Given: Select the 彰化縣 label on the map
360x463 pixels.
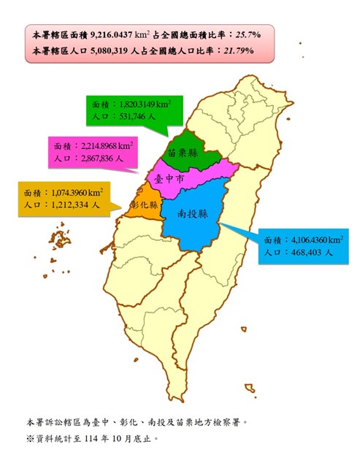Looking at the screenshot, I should pyautogui.click(x=144, y=205).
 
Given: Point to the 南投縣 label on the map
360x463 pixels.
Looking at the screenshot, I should pyautogui.click(x=192, y=215).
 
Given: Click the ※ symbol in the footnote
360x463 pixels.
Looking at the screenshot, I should pyautogui.click(x=30, y=440).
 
